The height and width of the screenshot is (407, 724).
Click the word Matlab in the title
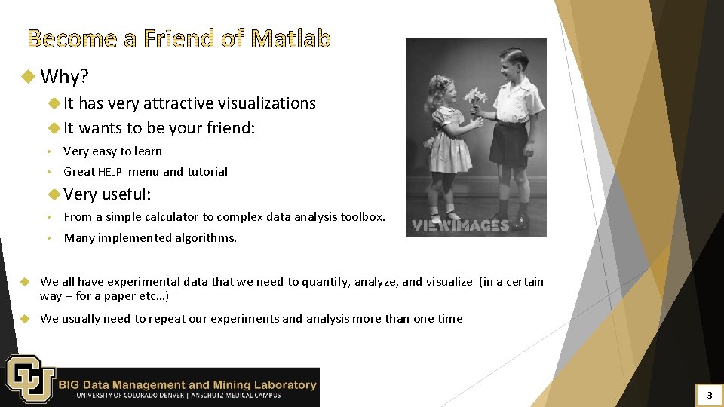(x=291, y=38)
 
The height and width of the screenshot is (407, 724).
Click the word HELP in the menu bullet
(x=110, y=172)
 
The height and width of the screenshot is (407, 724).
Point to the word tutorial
(x=207, y=172)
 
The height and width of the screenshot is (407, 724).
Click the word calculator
(x=176, y=217)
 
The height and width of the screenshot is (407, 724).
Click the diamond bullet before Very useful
(x=54, y=194)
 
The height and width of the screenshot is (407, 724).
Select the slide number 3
(x=708, y=395)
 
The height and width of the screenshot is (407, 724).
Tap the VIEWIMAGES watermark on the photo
(x=460, y=225)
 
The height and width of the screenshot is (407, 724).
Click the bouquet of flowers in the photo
(x=474, y=98)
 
